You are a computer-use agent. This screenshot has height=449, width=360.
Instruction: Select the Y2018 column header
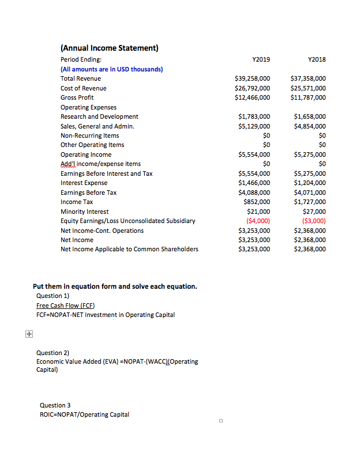click(317, 59)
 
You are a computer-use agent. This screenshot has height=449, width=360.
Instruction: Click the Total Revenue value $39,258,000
click(253, 78)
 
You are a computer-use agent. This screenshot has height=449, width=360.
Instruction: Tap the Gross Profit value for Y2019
click(253, 97)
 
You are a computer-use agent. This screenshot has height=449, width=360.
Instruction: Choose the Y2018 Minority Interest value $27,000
click(314, 212)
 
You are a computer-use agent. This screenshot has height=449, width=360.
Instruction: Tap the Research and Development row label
click(99, 116)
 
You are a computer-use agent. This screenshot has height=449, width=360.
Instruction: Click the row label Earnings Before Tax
click(88, 193)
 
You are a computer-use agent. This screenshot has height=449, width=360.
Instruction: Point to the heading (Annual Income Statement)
click(110, 48)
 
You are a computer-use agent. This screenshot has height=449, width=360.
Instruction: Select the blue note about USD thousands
click(112, 69)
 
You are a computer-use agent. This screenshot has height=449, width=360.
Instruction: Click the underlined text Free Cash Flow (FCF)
click(65, 305)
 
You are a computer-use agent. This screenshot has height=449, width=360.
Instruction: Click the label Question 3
click(55, 405)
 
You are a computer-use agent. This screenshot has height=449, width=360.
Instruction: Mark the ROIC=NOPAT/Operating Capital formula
click(84, 414)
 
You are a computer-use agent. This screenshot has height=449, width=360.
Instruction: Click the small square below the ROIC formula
click(220, 421)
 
